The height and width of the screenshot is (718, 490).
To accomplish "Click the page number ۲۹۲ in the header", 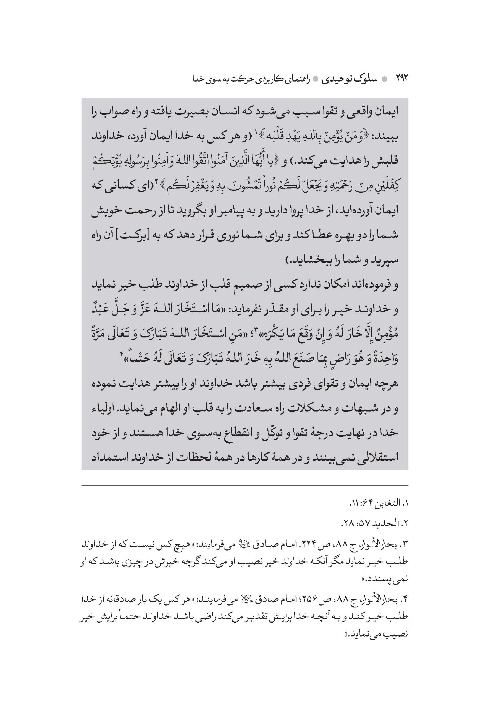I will pos(402,78).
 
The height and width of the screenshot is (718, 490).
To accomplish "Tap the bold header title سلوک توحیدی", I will pos(349,79).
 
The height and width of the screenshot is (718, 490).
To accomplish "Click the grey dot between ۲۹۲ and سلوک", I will pos(384,79).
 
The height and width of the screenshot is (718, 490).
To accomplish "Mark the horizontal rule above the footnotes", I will pos(244,485).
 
